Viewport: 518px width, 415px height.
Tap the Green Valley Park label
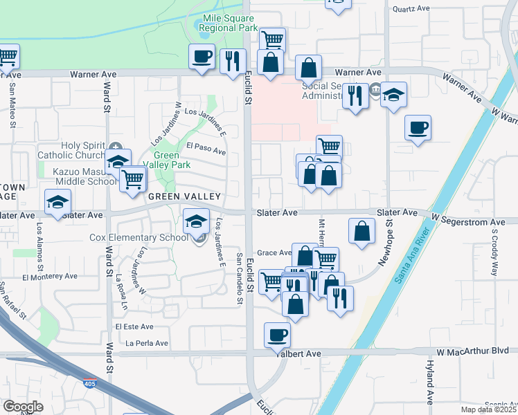(x=171, y=160)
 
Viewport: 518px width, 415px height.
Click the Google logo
(x=23, y=407)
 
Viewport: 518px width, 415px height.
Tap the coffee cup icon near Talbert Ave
(x=277, y=335)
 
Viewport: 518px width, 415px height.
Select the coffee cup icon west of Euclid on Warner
(x=202, y=57)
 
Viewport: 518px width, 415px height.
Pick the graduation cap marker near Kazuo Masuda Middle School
(x=118, y=162)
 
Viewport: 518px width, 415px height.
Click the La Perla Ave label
(x=147, y=343)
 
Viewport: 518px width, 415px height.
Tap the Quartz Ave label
(x=411, y=9)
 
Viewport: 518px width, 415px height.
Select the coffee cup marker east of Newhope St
(x=418, y=128)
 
